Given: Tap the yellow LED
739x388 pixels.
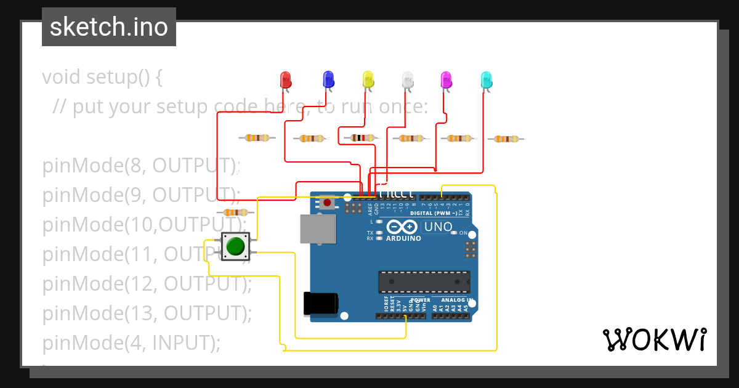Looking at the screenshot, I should coord(368,79).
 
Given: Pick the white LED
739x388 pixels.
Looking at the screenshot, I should coord(408,79).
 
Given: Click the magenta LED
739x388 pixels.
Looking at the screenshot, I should coord(446,79).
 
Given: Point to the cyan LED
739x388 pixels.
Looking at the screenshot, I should coord(487,79).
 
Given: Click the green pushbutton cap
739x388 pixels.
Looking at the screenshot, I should coord(235,246).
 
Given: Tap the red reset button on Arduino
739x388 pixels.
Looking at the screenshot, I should coord(326,202).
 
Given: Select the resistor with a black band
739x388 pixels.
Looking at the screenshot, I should coord(361,139).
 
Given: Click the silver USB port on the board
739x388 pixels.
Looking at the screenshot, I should coord(318,228).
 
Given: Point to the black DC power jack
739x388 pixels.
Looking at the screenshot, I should coord(321,303).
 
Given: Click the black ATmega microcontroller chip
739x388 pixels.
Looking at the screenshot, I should coord(424,282).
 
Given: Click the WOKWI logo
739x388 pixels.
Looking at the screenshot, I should coord(654,339).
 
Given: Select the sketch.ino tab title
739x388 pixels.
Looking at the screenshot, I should coord(108,27).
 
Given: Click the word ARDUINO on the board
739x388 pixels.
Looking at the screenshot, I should coord(403,238).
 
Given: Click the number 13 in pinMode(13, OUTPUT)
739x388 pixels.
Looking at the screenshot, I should coord(136,313).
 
